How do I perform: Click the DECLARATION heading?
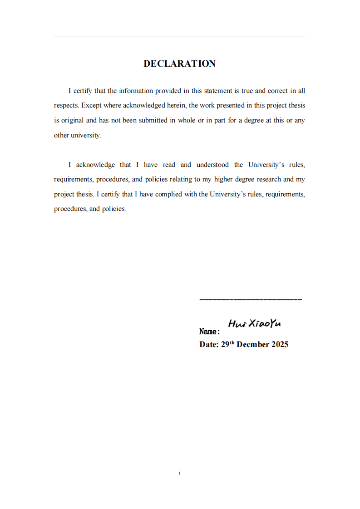tap(179, 64)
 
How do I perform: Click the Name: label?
tap(209, 332)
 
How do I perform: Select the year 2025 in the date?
tap(280, 344)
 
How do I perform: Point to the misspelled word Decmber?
tap(253, 344)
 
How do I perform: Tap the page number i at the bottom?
tap(180, 473)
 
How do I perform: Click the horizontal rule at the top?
tap(179, 36)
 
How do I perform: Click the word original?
tap(72, 120)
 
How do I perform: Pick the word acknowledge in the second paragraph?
tap(96, 165)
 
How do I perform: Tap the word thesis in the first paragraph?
tap(296, 106)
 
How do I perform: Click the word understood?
tap(212, 165)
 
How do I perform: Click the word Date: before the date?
tap(209, 344)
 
